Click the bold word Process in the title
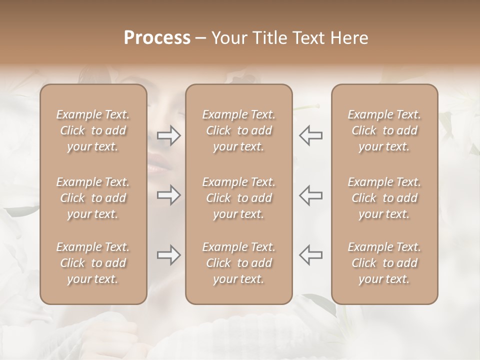pos(157,38)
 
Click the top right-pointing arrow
pos(169,135)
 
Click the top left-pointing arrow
pos(311,135)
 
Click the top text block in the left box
pos(93,130)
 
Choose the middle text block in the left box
pos(93,198)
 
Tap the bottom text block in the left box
pos(93,263)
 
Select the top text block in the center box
pos(239,130)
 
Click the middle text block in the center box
pos(239,198)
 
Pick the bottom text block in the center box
pos(239,263)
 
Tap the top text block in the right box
pos(384,130)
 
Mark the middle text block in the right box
pos(384,198)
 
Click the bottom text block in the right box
pos(384,263)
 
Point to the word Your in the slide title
pos(228,38)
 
